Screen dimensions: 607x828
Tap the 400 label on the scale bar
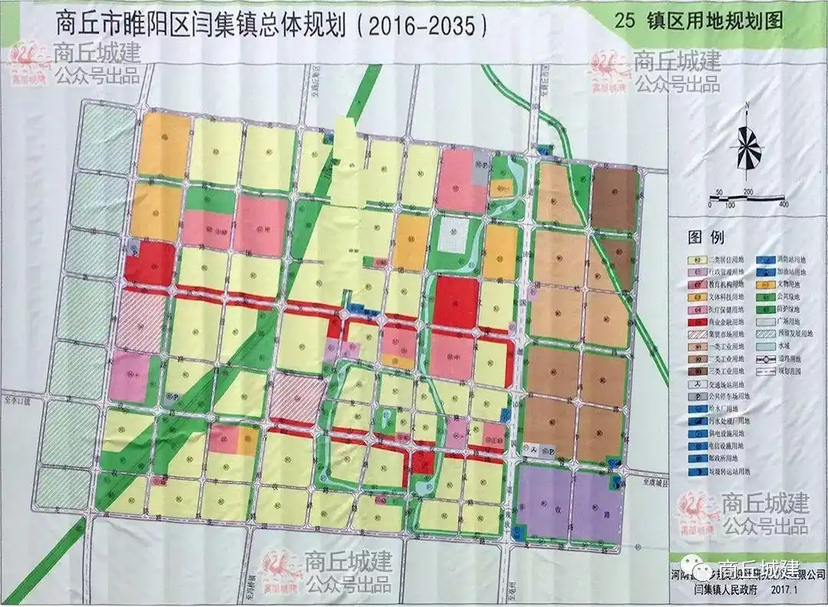(783, 205)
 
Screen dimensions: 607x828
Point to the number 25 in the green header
(624, 21)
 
